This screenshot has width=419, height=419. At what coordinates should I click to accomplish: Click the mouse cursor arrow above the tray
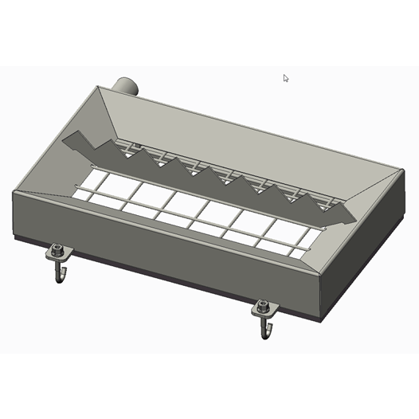pos(286,78)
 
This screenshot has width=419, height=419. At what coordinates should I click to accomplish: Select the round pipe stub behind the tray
pos(126,84)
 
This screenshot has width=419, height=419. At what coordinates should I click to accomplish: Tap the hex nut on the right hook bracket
pos(263,307)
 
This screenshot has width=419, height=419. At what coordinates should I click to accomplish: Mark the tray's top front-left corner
pos(14,192)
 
